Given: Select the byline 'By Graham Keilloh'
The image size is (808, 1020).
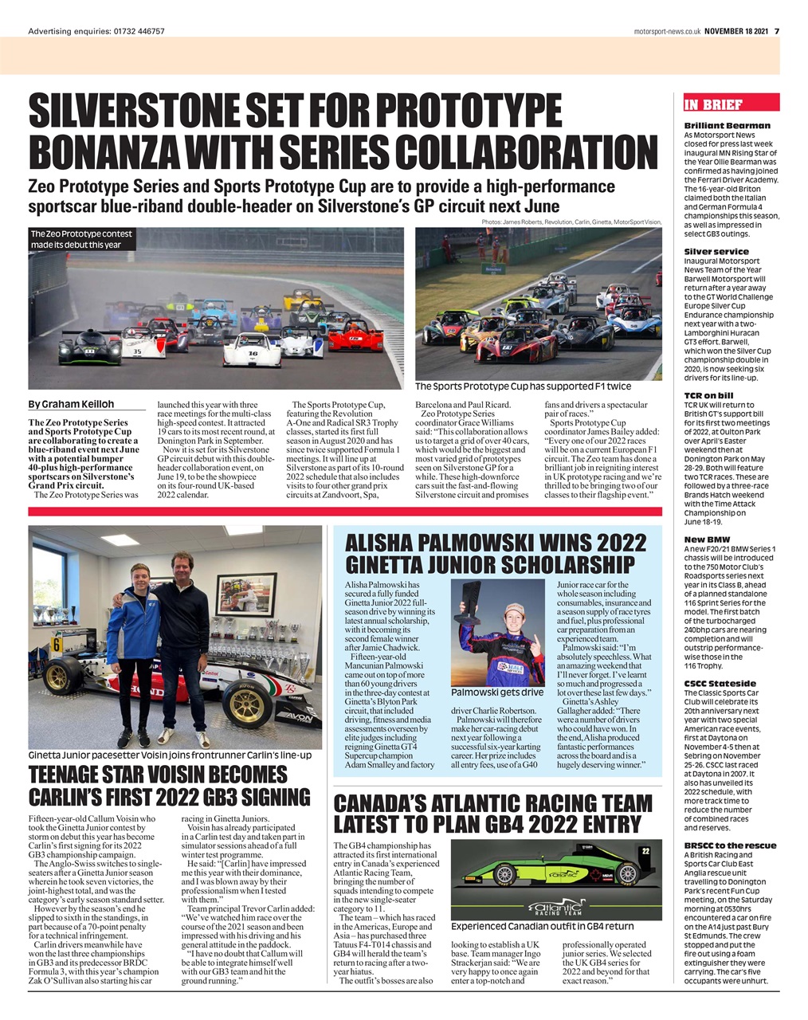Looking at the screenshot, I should [71, 404].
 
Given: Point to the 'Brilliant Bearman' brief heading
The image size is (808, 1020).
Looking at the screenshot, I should [727, 125].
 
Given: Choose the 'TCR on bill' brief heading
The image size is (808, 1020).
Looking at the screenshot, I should [708, 395].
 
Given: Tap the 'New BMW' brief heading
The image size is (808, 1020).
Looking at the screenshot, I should [701, 539].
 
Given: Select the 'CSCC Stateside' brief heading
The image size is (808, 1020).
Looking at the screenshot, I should [720, 684].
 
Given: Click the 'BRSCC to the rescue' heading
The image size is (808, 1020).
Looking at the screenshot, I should [728, 845].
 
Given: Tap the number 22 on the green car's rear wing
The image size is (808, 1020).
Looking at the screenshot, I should [645, 851].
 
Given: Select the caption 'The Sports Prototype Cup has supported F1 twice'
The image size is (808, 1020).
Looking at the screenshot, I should [523, 386].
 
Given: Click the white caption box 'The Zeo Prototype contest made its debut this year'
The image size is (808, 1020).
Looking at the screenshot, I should [81, 239].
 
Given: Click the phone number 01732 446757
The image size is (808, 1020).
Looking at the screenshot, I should [133, 31].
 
